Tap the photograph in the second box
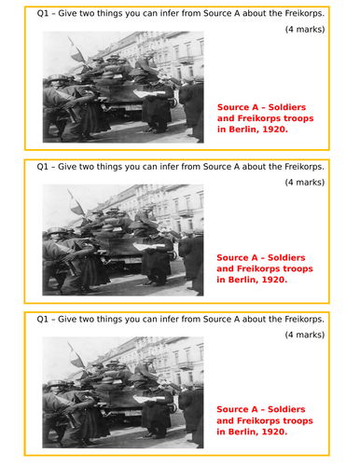pos(123,239)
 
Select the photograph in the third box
pos(123,392)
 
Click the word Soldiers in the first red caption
pos(289,105)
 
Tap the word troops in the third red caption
pos(296,421)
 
